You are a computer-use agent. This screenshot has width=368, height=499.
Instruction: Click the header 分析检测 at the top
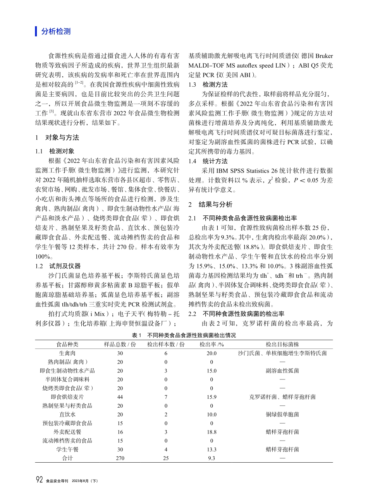pos(56,32)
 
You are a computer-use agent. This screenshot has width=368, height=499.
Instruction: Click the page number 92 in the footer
pos(40,480)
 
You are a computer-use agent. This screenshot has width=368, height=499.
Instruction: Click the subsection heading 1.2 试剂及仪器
pos(58,266)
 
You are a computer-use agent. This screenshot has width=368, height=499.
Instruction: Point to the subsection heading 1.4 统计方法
pos(208,161)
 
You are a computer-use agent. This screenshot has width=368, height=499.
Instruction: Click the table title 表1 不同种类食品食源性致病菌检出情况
pos(184,335)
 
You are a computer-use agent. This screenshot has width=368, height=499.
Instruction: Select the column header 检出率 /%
pos(212,344)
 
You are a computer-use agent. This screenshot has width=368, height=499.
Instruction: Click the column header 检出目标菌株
pos(282,344)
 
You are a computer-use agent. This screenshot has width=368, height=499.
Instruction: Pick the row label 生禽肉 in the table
pos(67,353)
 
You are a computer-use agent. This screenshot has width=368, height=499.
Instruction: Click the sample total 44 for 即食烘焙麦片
pos(120,397)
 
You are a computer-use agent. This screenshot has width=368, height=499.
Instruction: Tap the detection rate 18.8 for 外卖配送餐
pos(212,432)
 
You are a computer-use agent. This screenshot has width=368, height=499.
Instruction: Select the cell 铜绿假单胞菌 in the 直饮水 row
pos(282,414)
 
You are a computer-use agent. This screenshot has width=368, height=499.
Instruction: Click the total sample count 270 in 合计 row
pos(120,458)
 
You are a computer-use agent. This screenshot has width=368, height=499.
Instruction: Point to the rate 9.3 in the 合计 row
pos(212,458)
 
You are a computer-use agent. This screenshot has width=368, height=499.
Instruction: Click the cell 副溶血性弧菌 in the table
pos(282,371)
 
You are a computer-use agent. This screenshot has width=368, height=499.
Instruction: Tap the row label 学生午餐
pos(67,449)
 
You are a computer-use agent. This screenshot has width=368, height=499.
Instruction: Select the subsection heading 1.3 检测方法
pos(208,84)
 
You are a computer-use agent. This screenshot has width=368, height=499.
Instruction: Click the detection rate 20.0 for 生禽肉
pos(212,353)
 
